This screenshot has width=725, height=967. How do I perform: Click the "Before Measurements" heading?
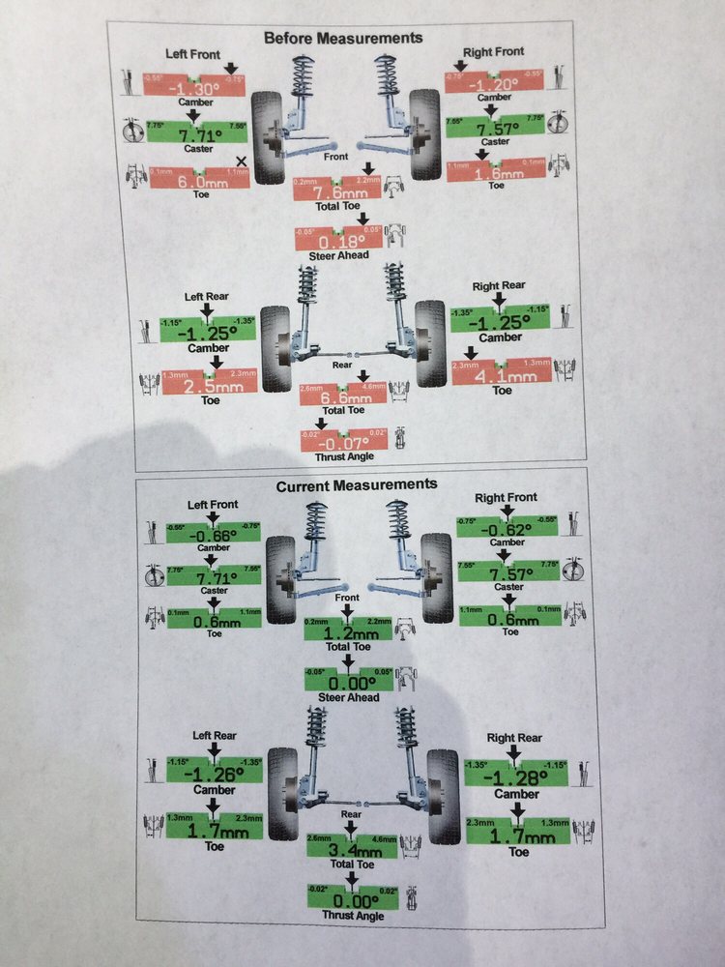tap(343, 39)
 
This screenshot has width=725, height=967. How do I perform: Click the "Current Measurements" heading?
tap(356, 484)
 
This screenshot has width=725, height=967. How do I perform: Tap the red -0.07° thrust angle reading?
tap(344, 442)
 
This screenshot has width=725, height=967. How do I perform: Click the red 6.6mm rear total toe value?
tap(342, 396)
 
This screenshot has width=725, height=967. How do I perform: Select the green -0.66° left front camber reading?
tap(214, 535)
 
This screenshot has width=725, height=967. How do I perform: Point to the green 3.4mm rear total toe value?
tap(351, 848)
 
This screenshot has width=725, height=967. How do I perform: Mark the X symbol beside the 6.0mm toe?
tap(241, 161)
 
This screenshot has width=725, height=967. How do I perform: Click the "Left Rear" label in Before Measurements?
tap(206, 298)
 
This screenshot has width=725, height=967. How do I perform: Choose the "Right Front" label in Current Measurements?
tap(507, 497)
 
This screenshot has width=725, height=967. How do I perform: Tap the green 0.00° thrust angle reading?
tap(352, 898)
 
